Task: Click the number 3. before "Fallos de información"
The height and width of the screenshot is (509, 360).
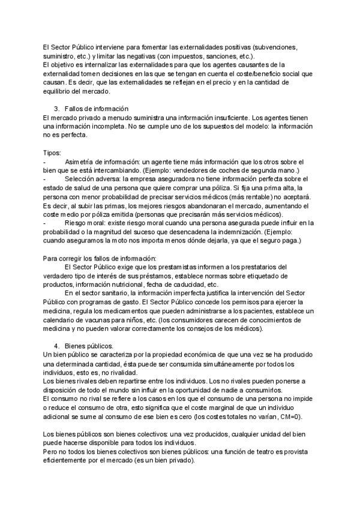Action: click(x=56, y=109)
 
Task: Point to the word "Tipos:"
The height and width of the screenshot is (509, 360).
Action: click(x=53, y=153)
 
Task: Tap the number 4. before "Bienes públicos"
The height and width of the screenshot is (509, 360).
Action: click(x=56, y=346)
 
